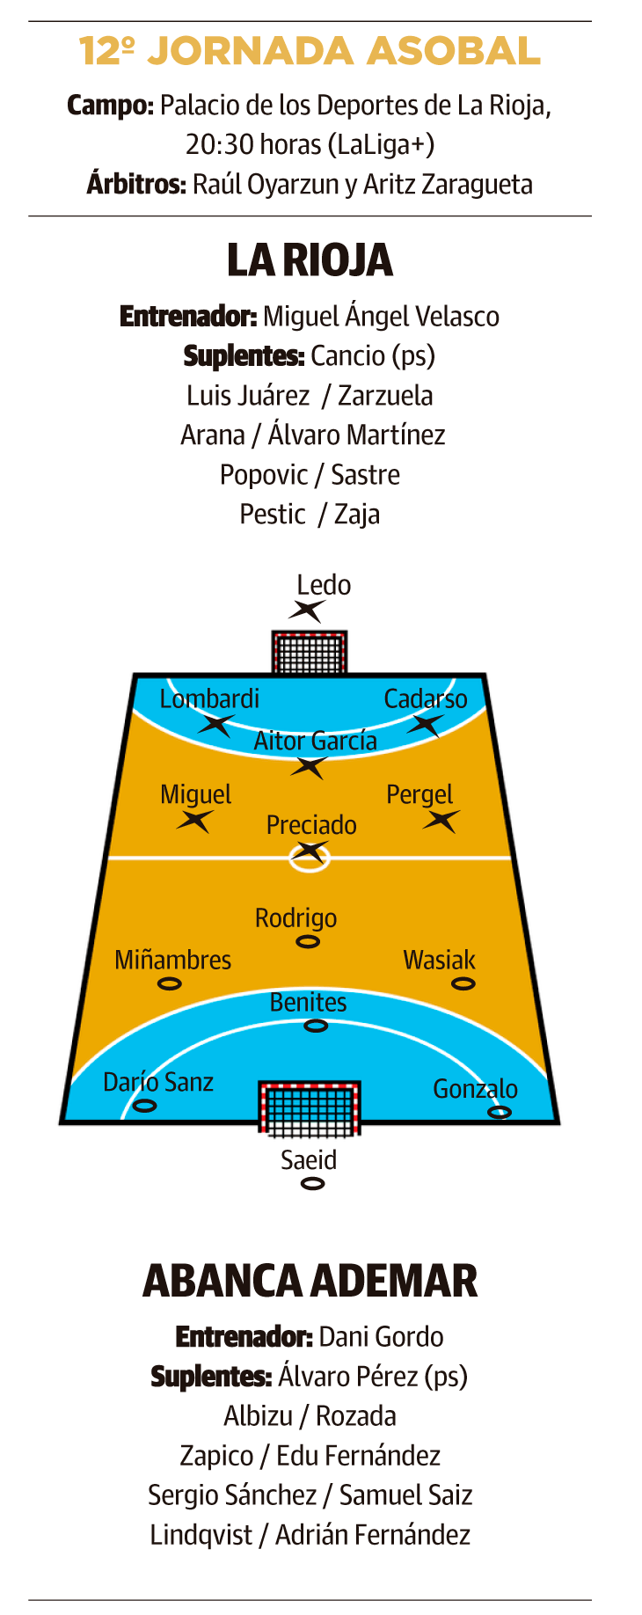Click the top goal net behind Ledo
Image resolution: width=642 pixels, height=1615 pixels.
tap(310, 653)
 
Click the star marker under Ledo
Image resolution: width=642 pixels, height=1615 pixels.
tap(309, 610)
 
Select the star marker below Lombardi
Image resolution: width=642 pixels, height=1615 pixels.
tap(215, 725)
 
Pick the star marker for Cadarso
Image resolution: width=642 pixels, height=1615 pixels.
tap(426, 725)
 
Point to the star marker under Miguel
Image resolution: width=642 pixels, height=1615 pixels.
tap(194, 822)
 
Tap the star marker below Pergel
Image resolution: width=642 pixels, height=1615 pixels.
tap(441, 822)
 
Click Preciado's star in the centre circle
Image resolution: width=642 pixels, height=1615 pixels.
tap(310, 851)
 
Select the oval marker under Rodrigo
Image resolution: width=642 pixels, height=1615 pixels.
tap(308, 942)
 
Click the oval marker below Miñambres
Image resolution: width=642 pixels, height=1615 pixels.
tap(169, 983)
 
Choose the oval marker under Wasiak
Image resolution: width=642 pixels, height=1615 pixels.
tap(463, 983)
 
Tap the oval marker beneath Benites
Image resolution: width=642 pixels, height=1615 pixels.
tap(316, 1026)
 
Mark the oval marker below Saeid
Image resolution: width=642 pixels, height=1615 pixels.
tap(312, 1184)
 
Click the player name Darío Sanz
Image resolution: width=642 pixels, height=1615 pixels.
tap(158, 1082)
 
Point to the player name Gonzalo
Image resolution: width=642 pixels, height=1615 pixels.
tap(475, 1089)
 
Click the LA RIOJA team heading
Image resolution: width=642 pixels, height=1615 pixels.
tap(310, 260)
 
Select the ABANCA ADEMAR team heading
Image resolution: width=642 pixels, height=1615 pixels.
tap(310, 1281)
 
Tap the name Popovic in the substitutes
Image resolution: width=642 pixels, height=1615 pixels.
tap(263, 475)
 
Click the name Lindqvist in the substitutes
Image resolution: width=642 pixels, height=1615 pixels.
tap(201, 1535)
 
